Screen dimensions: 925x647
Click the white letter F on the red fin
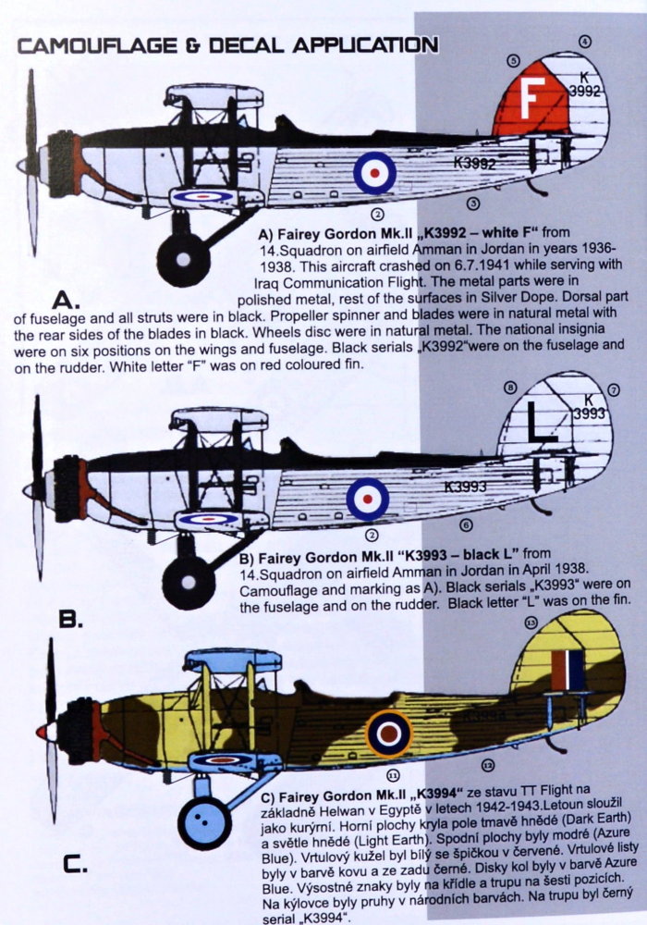coord(531,100)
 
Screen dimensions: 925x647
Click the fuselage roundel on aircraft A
coord(375,172)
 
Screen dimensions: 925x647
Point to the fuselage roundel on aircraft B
coord(368,499)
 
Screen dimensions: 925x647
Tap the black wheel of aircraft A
coord(183,256)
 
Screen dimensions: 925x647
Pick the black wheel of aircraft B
coord(189,581)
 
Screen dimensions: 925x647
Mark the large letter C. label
coord(74,866)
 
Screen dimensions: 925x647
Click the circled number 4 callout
coord(586,41)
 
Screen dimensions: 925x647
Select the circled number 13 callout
coord(530,623)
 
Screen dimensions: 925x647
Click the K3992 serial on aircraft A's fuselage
coord(476,164)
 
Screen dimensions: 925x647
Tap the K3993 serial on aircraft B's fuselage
coord(467,487)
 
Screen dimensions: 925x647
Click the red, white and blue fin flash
coord(568,671)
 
